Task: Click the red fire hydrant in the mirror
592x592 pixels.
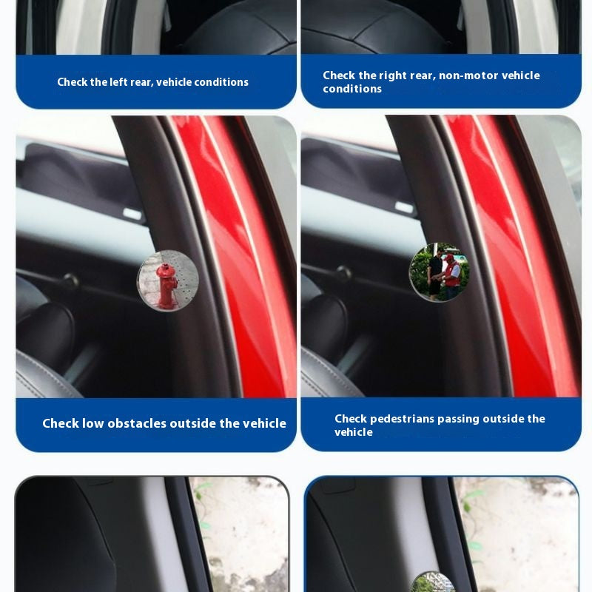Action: tap(166, 286)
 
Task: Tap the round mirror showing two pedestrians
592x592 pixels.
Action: tap(439, 272)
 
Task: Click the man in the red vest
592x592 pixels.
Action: tap(451, 276)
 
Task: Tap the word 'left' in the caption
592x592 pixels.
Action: tap(118, 82)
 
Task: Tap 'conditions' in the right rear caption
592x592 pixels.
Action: tap(352, 89)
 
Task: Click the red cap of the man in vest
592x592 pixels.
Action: tap(449, 257)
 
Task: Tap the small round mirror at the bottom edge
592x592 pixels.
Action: tap(433, 583)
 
